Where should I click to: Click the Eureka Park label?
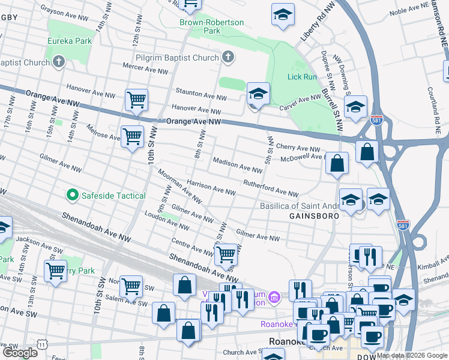(71, 41)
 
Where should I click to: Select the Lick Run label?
(302, 77)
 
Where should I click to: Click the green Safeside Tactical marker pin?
(73, 195)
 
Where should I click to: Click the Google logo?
(20, 353)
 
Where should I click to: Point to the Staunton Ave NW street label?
(201, 94)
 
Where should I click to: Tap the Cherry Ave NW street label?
(298, 148)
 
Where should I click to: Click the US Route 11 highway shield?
(41, 344)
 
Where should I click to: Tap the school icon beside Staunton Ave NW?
(258, 94)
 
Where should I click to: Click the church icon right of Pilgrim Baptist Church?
(227, 58)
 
